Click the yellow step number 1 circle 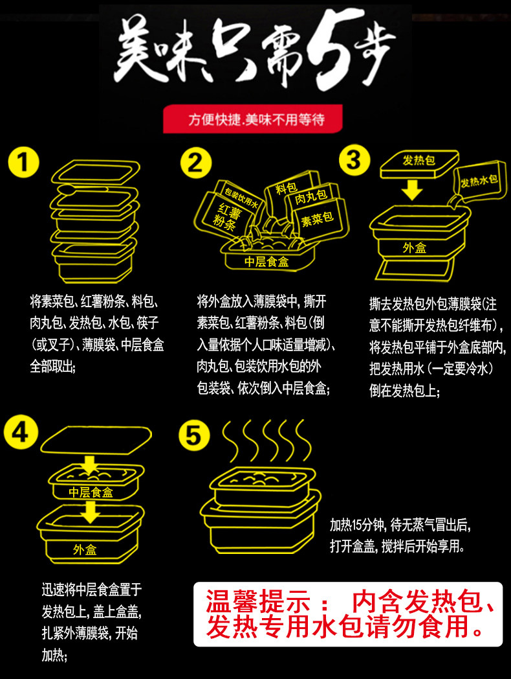[23, 163]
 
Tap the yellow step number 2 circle [196, 163]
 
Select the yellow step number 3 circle [354, 159]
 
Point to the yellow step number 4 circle [21, 432]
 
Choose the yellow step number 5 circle [194, 435]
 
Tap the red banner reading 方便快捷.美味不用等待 [252, 119]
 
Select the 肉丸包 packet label [310, 197]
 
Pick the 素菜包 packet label [317, 219]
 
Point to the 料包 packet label [286, 188]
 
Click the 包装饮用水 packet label [241, 198]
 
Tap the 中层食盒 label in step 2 [266, 262]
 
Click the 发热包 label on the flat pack [419, 160]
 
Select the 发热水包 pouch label [479, 181]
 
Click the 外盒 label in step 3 [414, 247]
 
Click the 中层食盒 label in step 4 [91, 492]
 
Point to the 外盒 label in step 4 [85, 549]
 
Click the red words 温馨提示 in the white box [258, 601]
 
